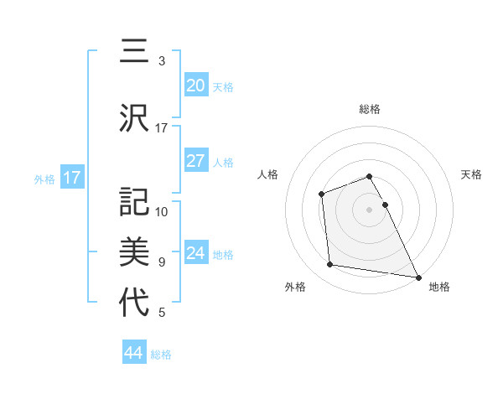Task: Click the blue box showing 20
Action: tap(195, 85)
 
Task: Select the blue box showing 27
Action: tap(195, 161)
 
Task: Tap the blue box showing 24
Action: tap(195, 253)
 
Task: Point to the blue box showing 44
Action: tap(133, 353)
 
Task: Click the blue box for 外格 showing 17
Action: tap(71, 177)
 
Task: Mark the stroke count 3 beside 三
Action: tap(162, 61)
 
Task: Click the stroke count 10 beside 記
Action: tap(162, 211)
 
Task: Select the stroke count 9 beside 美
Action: tap(162, 262)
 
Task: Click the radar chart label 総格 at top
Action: tap(369, 109)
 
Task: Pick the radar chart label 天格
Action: tap(471, 174)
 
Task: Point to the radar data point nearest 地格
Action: tap(417, 277)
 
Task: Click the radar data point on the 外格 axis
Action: tap(331, 265)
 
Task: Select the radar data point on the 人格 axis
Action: tap(321, 194)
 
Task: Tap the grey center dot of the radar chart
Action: tap(369, 210)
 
